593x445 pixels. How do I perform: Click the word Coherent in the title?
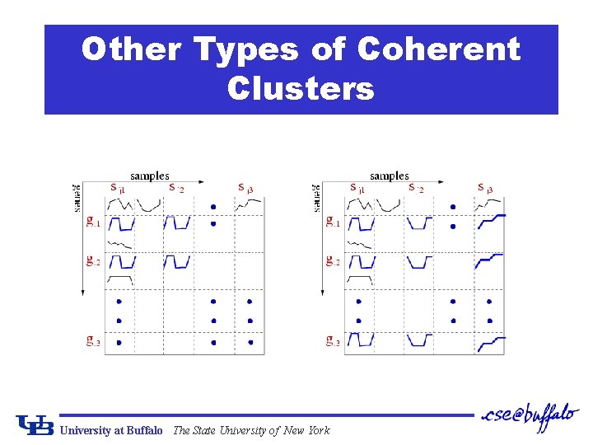coord(438,50)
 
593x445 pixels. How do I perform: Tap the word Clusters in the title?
coord(301,88)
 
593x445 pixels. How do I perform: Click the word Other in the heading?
coord(131,50)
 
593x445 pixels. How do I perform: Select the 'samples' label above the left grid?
coord(149,176)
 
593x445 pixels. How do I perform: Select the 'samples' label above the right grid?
coord(389,176)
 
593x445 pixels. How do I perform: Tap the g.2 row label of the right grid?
coord(333,261)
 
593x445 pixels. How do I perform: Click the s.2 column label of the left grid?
coord(176,189)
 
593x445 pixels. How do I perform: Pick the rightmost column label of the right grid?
coord(486,189)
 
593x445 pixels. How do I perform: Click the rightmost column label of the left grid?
coord(245,189)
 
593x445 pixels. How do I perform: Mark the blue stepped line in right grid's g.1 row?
coord(491,218)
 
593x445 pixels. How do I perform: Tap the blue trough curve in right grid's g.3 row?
coord(419,340)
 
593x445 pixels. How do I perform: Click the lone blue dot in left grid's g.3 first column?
coord(119,342)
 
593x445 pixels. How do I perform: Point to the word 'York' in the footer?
coord(317,430)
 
